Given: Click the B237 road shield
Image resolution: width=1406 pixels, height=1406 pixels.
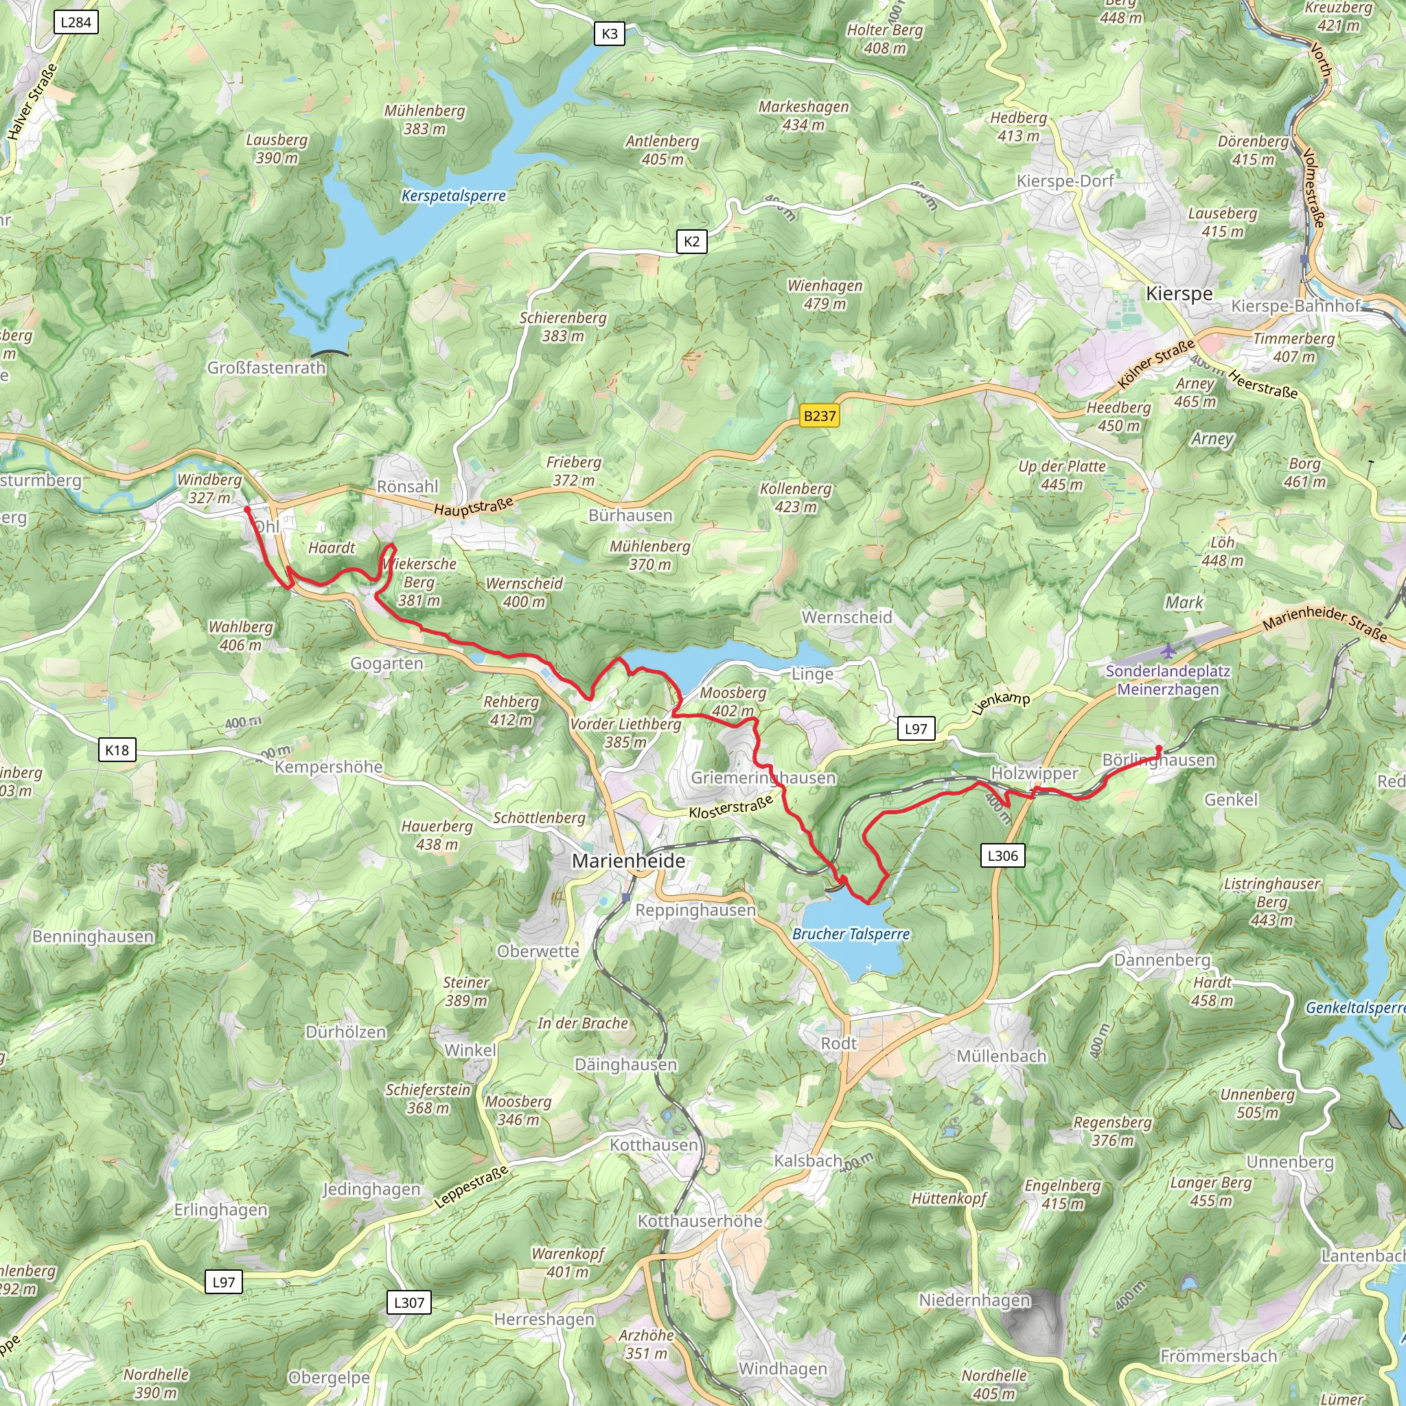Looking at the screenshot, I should tap(820, 416).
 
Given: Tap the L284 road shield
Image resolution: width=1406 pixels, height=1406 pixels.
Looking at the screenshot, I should tap(76, 22).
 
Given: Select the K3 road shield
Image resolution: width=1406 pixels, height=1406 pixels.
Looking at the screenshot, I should tap(609, 34).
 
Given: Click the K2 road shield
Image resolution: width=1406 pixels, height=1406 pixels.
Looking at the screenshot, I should tap(691, 242).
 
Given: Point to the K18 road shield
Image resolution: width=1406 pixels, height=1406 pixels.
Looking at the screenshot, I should tap(117, 750).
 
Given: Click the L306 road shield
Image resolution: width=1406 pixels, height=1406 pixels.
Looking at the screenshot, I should tap(1002, 856).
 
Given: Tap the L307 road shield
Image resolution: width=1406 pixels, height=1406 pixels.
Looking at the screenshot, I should tap(409, 1302).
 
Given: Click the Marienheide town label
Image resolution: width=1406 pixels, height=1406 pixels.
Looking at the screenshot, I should tap(628, 861).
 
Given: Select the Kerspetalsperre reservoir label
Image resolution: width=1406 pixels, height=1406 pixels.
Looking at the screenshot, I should tap(453, 196).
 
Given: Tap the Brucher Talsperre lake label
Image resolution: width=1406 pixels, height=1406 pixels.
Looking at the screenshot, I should tap(851, 934).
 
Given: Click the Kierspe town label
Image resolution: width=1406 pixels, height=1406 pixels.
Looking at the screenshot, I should tap(1179, 294).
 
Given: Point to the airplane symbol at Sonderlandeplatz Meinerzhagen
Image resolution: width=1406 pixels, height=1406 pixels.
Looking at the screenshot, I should tap(1168, 650).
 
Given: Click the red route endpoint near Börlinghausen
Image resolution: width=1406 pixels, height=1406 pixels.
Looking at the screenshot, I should tap(1159, 749).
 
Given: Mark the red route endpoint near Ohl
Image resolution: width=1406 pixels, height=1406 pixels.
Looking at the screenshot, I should tap(247, 509).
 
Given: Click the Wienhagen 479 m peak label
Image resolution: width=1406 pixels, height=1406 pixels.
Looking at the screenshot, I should tap(825, 295).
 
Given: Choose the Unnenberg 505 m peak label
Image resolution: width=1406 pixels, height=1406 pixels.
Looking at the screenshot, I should tap(1258, 1103).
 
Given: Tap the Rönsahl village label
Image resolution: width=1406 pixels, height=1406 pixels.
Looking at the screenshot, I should tap(408, 486).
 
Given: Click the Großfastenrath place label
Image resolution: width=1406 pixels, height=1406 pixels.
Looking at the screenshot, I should tap(266, 368).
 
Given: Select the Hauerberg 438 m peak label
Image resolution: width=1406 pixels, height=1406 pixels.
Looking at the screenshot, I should tap(437, 835).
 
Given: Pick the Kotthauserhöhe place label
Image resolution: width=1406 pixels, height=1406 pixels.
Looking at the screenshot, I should tap(700, 1221).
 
